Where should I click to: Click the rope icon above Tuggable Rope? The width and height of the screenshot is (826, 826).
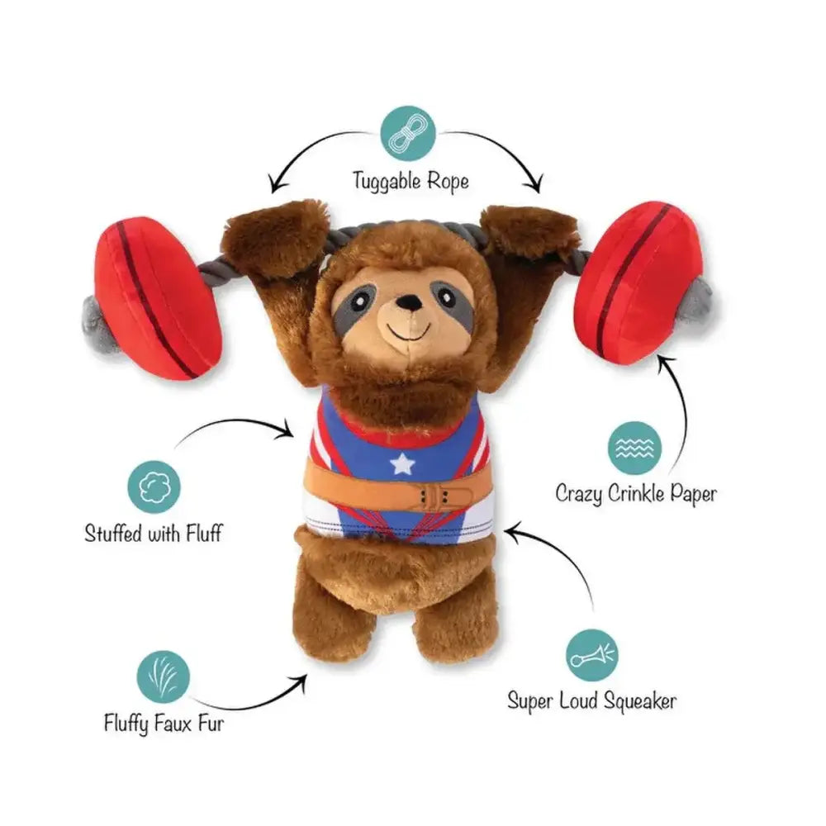point(407,134)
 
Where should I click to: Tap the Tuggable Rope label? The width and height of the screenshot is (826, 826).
point(411,179)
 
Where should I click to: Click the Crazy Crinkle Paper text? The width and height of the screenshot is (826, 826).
point(635,494)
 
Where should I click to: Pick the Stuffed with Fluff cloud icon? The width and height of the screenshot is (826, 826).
point(154,487)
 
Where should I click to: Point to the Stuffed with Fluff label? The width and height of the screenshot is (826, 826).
point(154,533)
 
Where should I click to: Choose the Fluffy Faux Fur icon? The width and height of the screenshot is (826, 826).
point(164,676)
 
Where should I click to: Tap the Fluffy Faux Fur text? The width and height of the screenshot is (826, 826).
point(164,724)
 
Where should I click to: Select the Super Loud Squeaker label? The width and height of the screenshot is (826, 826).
point(591,702)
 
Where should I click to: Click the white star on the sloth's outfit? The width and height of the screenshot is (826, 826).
point(402,464)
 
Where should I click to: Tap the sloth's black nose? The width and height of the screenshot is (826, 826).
point(406,305)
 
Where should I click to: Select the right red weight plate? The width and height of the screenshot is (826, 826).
point(648,281)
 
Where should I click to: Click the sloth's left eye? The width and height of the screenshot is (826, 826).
point(363,295)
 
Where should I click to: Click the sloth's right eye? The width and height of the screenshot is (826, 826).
point(447,294)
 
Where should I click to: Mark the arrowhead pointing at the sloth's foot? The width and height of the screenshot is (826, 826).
point(301,680)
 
